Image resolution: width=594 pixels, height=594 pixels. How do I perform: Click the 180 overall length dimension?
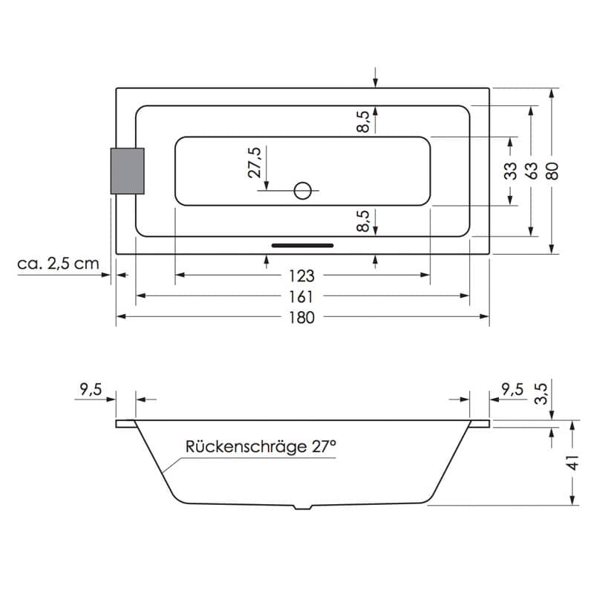(x=302, y=318)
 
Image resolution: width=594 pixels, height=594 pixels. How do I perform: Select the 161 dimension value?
(x=301, y=297)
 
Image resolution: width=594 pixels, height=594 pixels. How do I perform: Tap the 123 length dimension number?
(x=302, y=276)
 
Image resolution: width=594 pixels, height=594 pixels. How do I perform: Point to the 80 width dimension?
(x=553, y=171)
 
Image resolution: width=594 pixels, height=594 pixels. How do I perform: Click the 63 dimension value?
(x=532, y=171)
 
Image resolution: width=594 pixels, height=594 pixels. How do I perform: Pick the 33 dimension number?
(x=511, y=171)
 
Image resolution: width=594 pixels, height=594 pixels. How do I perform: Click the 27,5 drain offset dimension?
(x=255, y=163)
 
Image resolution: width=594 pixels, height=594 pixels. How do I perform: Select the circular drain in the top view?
(x=303, y=191)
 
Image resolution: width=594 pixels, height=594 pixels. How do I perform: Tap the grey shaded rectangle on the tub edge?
(x=127, y=171)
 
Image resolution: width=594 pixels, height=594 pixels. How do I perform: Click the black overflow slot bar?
(x=303, y=246)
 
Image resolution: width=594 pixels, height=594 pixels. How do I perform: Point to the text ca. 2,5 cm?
(x=58, y=264)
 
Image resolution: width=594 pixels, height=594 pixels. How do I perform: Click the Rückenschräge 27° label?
(x=261, y=446)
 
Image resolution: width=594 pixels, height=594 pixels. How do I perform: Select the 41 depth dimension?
(x=573, y=463)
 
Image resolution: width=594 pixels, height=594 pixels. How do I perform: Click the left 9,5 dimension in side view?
(x=91, y=389)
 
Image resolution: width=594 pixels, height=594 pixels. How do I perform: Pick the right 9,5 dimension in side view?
(x=512, y=389)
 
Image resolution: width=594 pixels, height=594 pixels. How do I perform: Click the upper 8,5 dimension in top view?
(x=363, y=122)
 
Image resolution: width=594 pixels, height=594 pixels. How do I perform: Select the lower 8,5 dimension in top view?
(x=363, y=221)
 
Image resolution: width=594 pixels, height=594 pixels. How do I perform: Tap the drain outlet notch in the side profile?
(x=303, y=506)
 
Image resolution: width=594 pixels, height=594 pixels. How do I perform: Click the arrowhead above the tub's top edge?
(x=376, y=83)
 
